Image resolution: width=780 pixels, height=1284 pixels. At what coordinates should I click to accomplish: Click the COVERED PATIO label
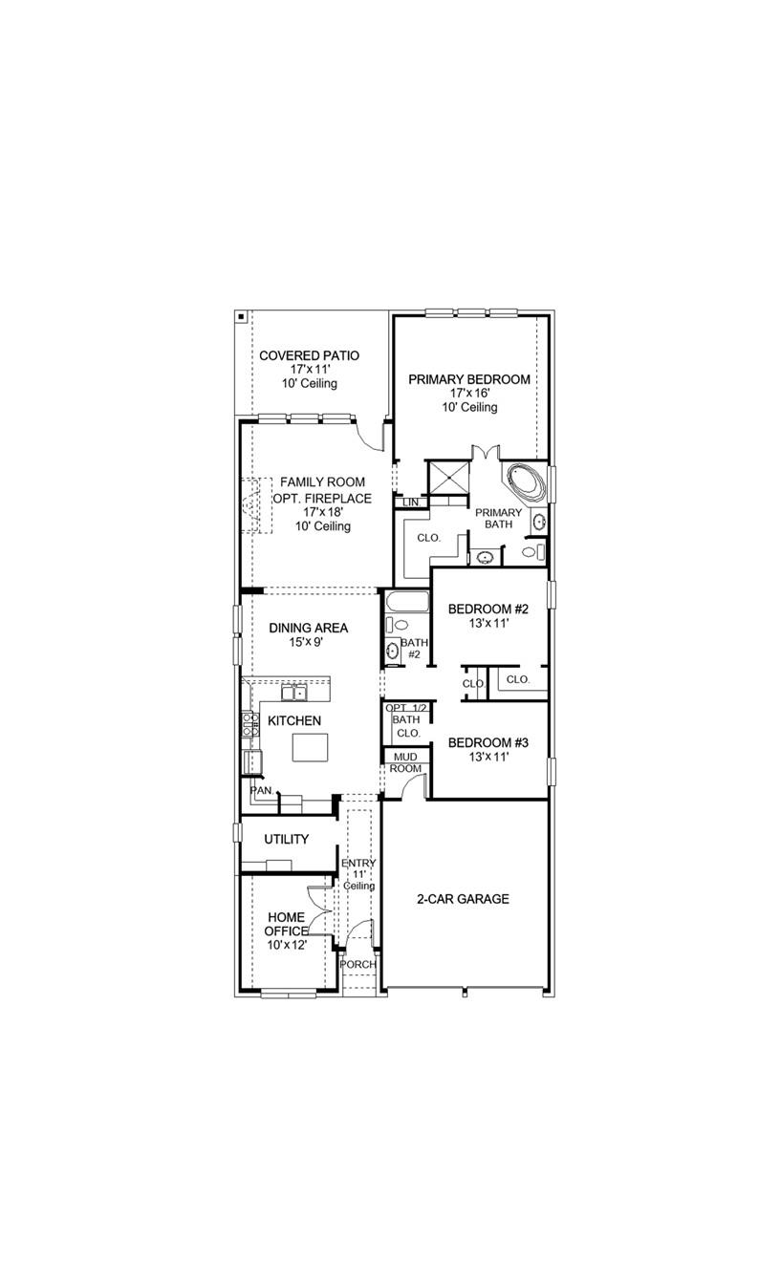click(x=309, y=355)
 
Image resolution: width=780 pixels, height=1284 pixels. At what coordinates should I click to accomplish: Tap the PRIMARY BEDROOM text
click(x=468, y=379)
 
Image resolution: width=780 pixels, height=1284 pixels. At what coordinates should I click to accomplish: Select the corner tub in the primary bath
click(x=524, y=482)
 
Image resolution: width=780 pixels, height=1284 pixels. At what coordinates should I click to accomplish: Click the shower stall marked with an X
click(x=447, y=477)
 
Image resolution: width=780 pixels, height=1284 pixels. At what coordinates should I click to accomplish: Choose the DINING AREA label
click(x=308, y=628)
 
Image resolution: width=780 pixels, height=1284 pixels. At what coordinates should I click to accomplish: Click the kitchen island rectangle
click(x=310, y=747)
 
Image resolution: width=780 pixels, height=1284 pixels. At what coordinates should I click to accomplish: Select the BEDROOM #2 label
click(x=487, y=608)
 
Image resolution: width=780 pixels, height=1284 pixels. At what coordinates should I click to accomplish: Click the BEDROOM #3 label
click(x=487, y=742)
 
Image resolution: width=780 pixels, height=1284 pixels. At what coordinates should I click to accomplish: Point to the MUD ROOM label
click(x=405, y=762)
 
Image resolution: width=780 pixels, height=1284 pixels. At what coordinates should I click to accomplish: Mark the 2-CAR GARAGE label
click(x=463, y=899)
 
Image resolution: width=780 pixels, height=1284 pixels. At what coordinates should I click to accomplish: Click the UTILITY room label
click(x=287, y=839)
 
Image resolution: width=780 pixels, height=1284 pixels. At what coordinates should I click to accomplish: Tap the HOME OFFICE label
click(x=287, y=924)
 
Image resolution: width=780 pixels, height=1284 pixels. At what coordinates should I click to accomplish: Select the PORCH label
click(x=358, y=964)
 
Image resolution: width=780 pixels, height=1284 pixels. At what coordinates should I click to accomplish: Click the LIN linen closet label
click(x=411, y=502)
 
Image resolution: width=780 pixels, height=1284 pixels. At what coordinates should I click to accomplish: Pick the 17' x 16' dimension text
click(x=468, y=394)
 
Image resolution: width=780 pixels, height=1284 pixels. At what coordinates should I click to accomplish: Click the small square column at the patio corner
click(x=241, y=316)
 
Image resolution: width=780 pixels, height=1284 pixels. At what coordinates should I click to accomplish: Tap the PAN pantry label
click(x=260, y=790)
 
